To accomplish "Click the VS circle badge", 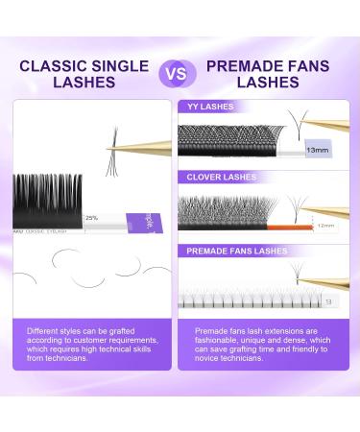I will [x=177, y=74].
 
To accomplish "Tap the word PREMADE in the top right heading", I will [x=233, y=66].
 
